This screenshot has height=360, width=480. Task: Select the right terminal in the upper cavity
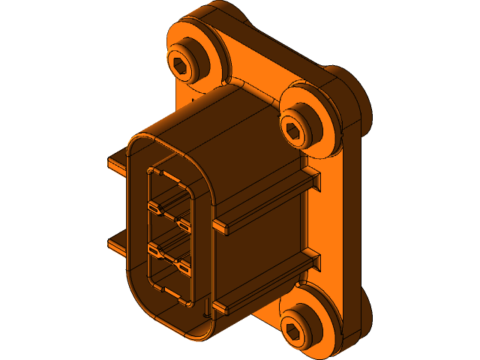(x=184, y=223)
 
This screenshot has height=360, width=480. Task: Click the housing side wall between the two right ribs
(x=262, y=240)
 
